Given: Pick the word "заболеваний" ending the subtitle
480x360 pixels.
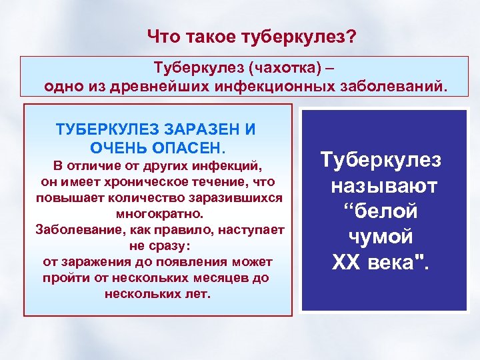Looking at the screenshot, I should (387, 86).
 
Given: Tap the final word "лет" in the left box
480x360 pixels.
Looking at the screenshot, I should (198, 293).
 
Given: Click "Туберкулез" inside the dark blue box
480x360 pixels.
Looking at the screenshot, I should (381, 160).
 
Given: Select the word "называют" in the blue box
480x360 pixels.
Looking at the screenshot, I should (383, 185).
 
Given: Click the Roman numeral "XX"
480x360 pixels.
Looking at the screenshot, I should (346, 263).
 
